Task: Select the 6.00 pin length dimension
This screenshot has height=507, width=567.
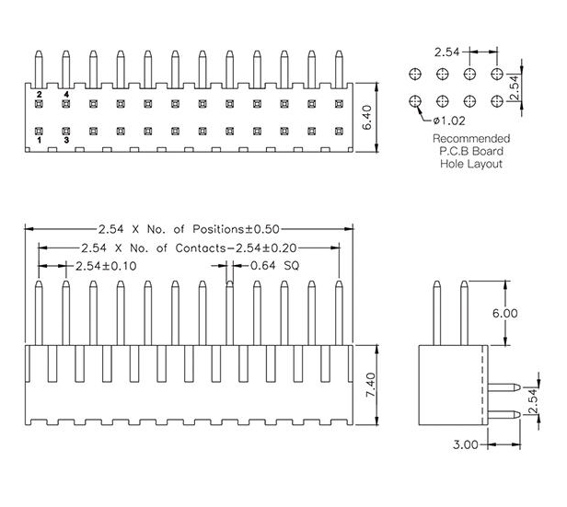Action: (x=504, y=313)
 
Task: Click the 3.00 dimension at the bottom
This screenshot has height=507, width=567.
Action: (x=468, y=444)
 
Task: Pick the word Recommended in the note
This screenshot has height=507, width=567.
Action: (x=469, y=140)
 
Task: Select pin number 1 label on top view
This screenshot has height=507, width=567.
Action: (x=40, y=140)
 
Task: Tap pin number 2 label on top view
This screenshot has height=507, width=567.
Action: (x=40, y=95)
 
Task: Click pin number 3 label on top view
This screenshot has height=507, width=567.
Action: (x=66, y=140)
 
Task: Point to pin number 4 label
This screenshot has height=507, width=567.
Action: (x=66, y=95)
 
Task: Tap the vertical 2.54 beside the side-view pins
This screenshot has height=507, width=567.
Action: (x=531, y=399)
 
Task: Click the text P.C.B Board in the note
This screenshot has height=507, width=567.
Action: (x=469, y=152)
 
